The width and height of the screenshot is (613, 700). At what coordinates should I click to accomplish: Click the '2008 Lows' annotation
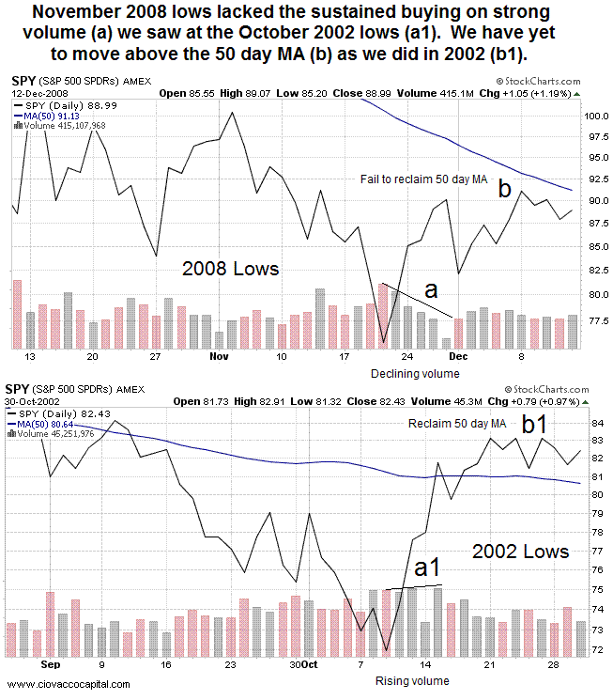pos(230,269)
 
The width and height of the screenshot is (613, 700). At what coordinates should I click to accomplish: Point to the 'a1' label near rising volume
pos(429,568)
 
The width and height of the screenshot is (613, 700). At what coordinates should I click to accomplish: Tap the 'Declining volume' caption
pos(407,373)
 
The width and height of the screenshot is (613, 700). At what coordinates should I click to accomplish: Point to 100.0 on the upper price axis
pos(590,117)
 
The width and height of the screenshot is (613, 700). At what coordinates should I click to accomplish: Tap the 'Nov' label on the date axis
pos(220,357)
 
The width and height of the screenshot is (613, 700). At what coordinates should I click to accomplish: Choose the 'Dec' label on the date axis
pos(459,357)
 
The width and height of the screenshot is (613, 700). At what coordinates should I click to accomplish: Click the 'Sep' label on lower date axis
pos(50,663)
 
